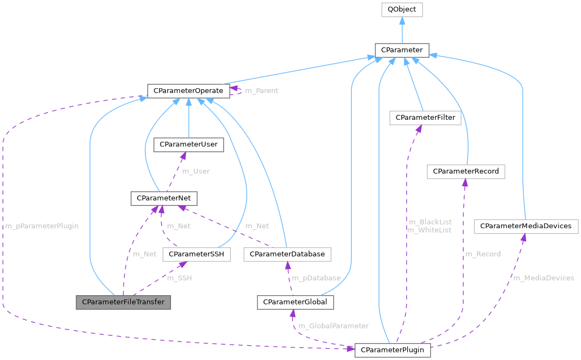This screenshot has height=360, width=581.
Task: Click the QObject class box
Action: click(x=401, y=10)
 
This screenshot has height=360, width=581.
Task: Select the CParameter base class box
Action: click(x=402, y=50)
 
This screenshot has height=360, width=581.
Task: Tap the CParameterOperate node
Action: click(x=188, y=90)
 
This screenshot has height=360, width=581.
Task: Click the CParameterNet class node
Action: click(x=164, y=198)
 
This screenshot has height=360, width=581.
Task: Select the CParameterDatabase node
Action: click(x=287, y=254)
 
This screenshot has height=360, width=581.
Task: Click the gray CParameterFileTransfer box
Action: click(x=123, y=302)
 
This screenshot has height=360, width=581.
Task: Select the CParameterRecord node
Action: click(x=466, y=171)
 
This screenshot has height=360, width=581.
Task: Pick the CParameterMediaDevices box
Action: click(x=525, y=225)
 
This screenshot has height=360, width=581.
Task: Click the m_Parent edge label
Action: click(x=261, y=90)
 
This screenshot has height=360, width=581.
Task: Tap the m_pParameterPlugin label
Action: click(x=42, y=225)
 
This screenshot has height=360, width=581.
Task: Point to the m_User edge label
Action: click(x=195, y=171)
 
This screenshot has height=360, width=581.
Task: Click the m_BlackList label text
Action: click(x=429, y=222)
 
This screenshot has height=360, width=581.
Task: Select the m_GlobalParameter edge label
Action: click(x=333, y=326)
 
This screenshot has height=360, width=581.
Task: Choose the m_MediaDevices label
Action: click(x=543, y=278)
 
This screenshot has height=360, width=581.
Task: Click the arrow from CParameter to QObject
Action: click(x=401, y=30)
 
